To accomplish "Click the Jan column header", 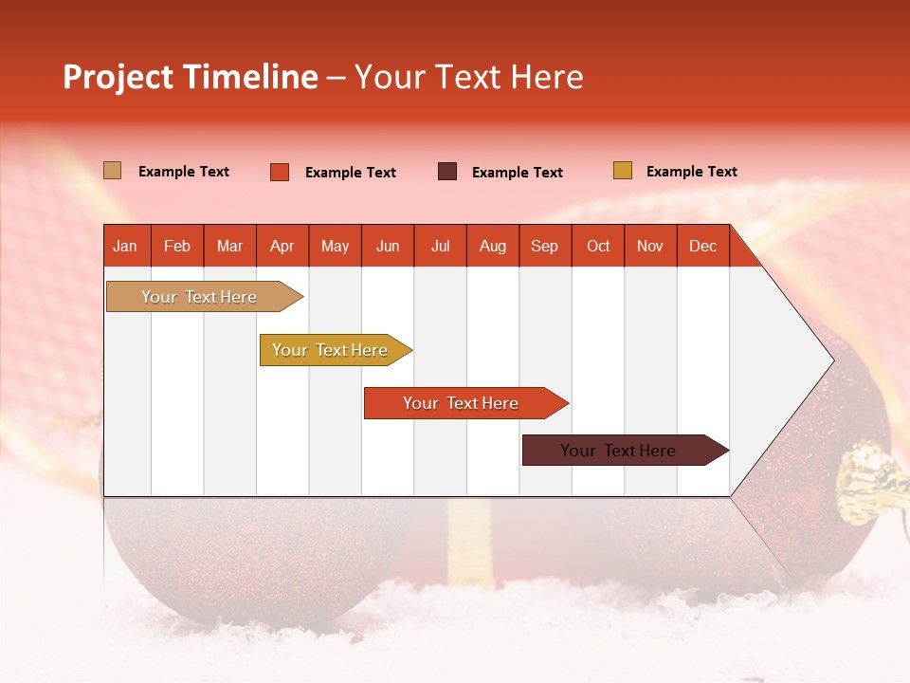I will click(125, 246).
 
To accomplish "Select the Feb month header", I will click(177, 246).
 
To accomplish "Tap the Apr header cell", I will click(282, 246).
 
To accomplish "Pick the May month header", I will click(335, 246).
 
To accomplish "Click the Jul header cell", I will click(440, 246).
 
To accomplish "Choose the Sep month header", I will click(544, 246).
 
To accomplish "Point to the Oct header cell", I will click(598, 246).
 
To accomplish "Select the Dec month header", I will click(702, 246).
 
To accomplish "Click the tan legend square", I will click(112, 171).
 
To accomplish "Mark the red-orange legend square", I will click(280, 172).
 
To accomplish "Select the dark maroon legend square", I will click(447, 172).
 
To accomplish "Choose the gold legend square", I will click(622, 171).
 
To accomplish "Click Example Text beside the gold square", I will click(691, 172).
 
